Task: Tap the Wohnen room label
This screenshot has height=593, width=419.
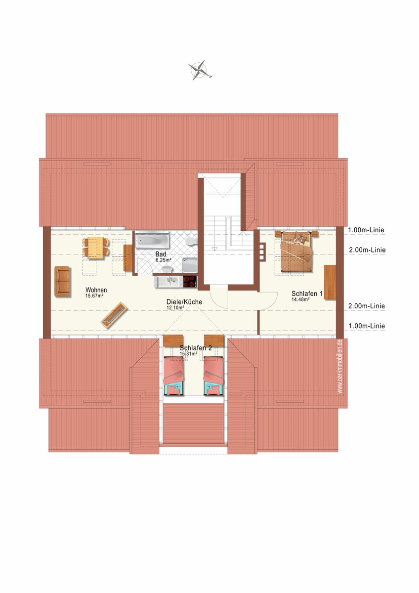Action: click(96, 290)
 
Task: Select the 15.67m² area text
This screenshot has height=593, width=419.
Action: click(94, 296)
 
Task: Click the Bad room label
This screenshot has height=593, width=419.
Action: click(161, 254)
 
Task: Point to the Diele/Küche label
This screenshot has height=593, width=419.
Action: click(184, 302)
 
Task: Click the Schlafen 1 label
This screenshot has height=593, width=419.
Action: click(307, 294)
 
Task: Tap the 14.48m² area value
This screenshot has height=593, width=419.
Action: click(301, 299)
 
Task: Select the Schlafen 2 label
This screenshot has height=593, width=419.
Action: click(196, 348)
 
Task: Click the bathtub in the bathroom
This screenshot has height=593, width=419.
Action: click(152, 241)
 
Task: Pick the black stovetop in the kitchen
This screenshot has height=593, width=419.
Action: click(190, 282)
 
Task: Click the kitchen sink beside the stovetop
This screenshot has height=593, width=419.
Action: click(168, 282)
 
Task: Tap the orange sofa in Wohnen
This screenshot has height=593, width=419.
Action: click(62, 281)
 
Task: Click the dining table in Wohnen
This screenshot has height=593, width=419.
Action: click(96, 248)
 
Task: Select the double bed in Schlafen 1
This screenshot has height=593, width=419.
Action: click(296, 251)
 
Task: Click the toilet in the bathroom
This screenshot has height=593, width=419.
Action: click(190, 242)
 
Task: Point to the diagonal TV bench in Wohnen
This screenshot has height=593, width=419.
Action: click(114, 315)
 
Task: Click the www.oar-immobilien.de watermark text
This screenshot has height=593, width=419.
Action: click(340, 367)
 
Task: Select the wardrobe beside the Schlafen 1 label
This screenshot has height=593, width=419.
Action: click(330, 282)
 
